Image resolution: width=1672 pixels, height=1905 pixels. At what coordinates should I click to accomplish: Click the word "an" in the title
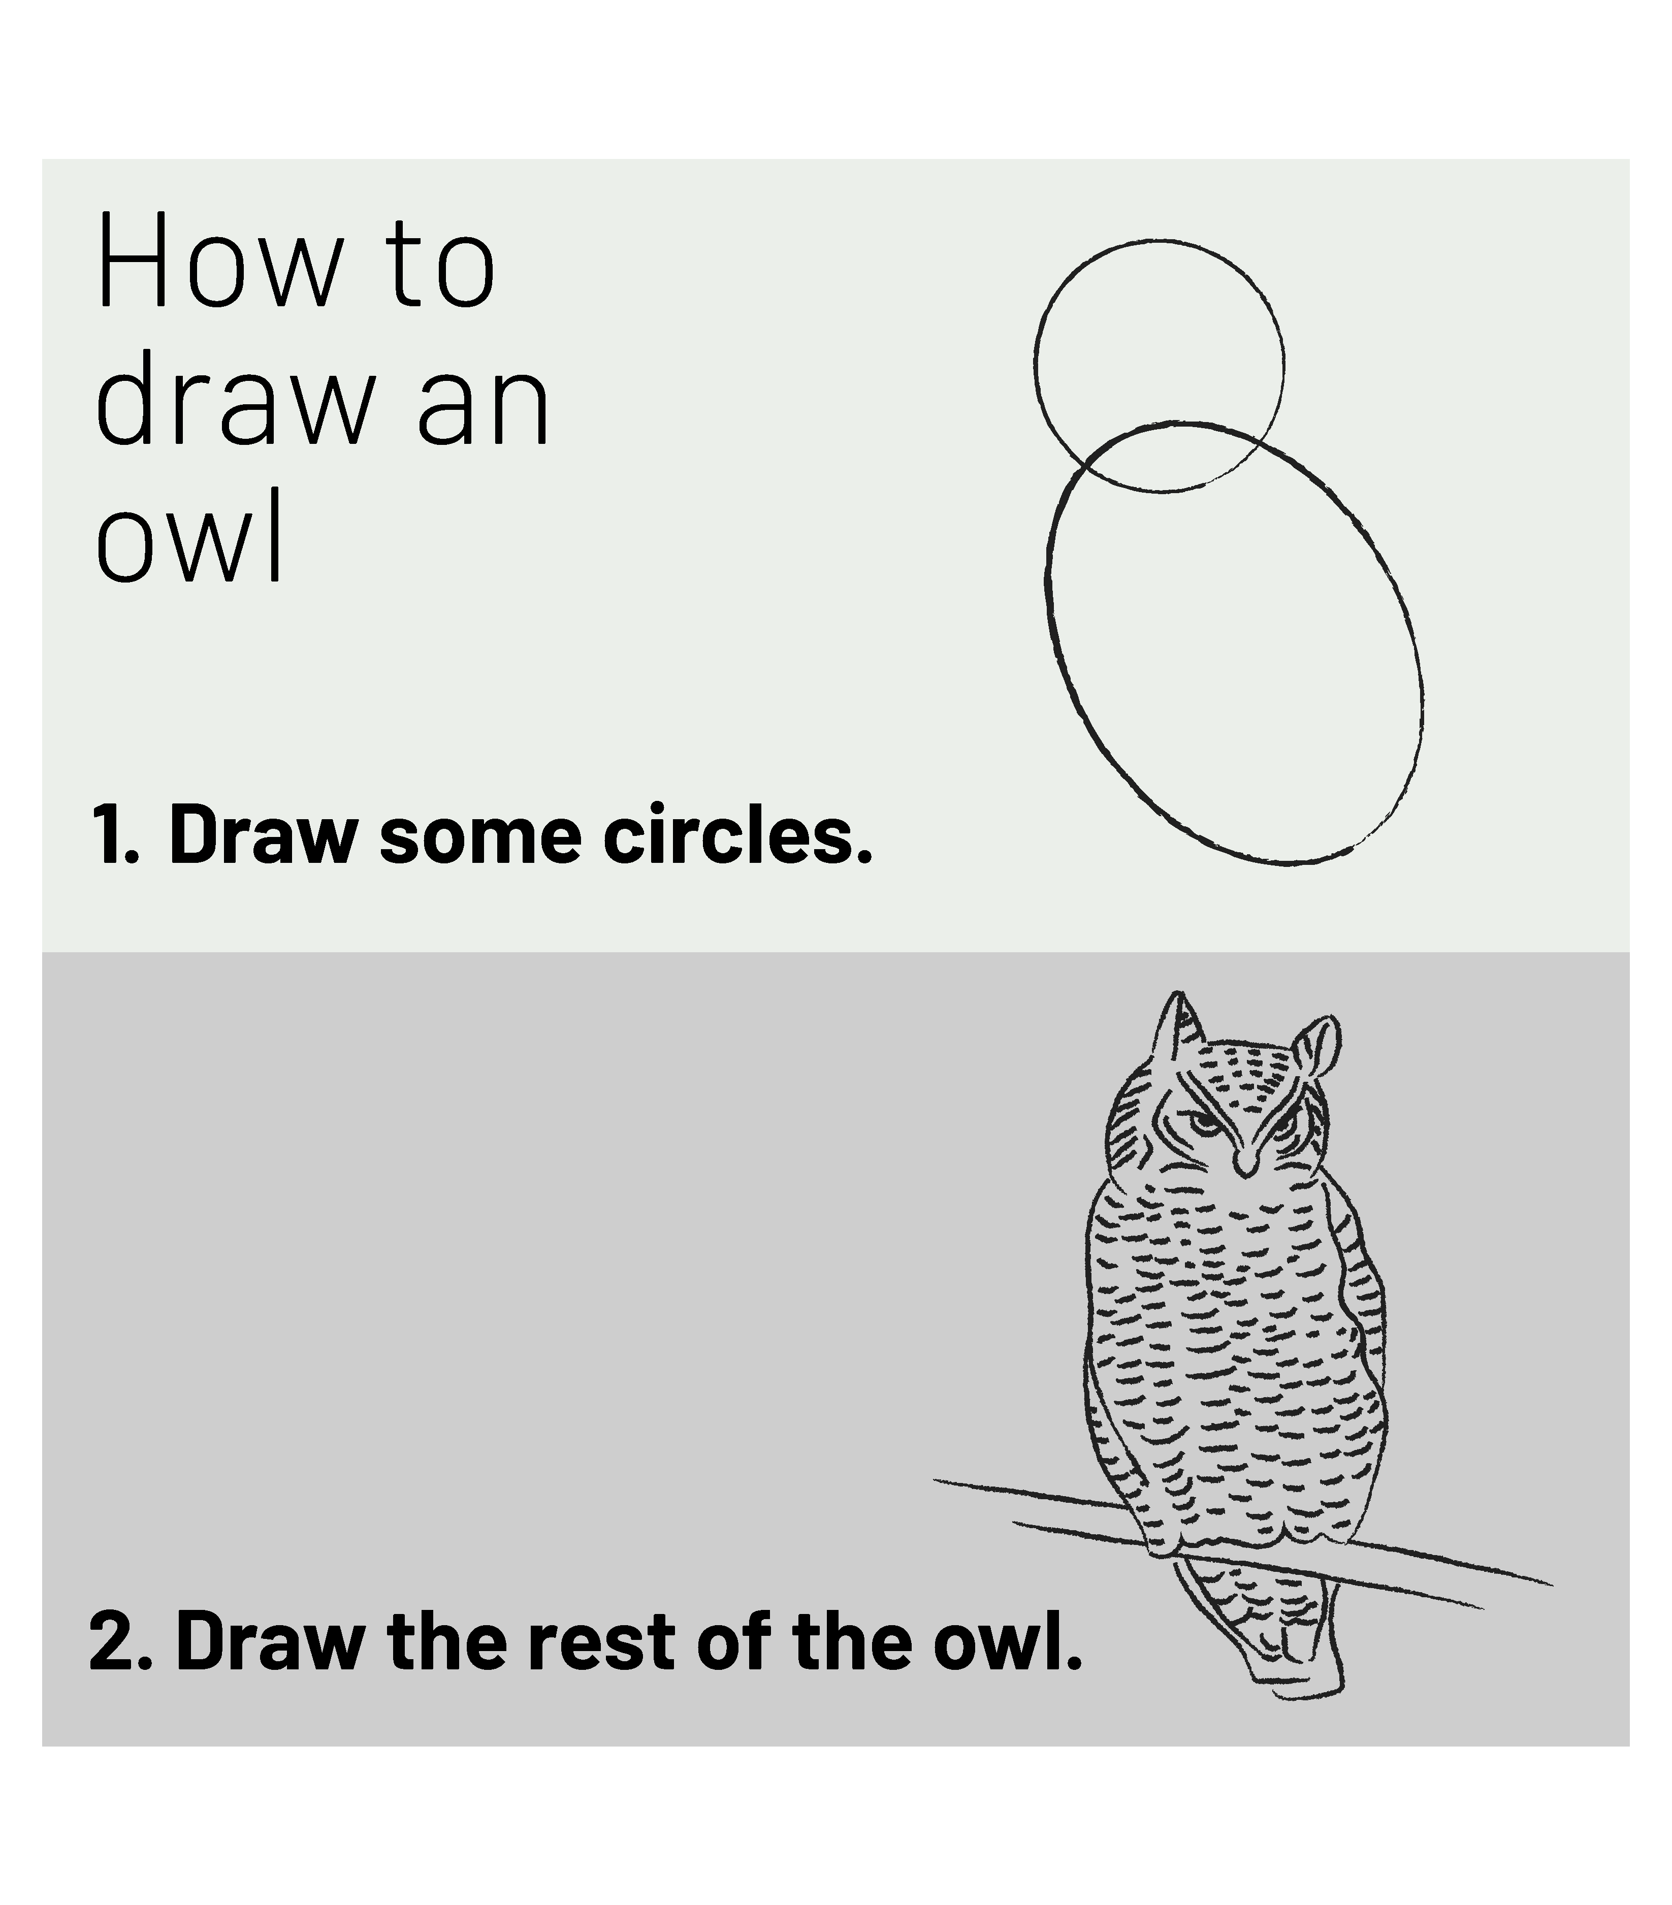point(483,410)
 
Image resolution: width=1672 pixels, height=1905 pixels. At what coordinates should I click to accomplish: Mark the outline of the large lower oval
point(1046,578)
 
